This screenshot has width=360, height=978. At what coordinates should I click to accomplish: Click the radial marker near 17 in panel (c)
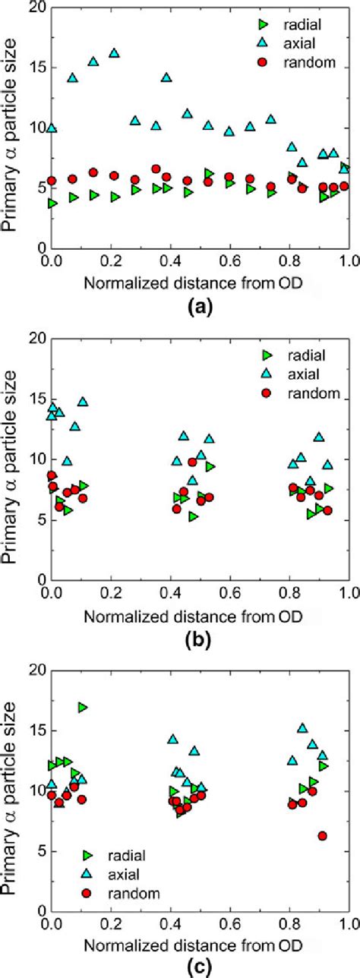[x=82, y=707]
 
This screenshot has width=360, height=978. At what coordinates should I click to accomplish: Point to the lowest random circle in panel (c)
[x=322, y=836]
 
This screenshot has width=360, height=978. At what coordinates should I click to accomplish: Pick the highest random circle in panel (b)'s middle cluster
[x=192, y=461]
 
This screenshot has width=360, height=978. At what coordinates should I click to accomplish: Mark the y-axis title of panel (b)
[x=11, y=459]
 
